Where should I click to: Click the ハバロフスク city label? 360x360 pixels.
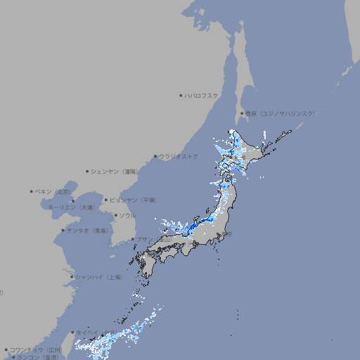[x=201, y=95]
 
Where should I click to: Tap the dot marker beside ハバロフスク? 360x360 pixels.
[x=181, y=95]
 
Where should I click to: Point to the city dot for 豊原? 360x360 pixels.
[x=242, y=113]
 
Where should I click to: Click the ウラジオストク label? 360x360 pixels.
[x=179, y=156]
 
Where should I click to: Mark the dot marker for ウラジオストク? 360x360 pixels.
[x=155, y=157]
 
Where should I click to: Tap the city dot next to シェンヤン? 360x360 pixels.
[x=88, y=171]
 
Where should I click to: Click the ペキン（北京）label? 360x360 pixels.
[x=53, y=191]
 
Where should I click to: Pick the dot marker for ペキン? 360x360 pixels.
[x=32, y=191]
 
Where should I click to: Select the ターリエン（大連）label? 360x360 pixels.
[x=71, y=207]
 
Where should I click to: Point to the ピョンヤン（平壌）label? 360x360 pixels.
[x=134, y=200]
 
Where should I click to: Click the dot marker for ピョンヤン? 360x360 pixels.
[x=106, y=200]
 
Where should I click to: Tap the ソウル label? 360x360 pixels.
[x=127, y=215]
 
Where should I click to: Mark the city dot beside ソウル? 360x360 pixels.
[x=115, y=215]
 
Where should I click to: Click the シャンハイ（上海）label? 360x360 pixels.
[x=98, y=277]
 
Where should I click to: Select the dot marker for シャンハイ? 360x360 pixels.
[x=72, y=277]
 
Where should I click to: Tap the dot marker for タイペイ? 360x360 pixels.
[x=72, y=333]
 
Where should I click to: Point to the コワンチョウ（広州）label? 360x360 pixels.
[x=36, y=349]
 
